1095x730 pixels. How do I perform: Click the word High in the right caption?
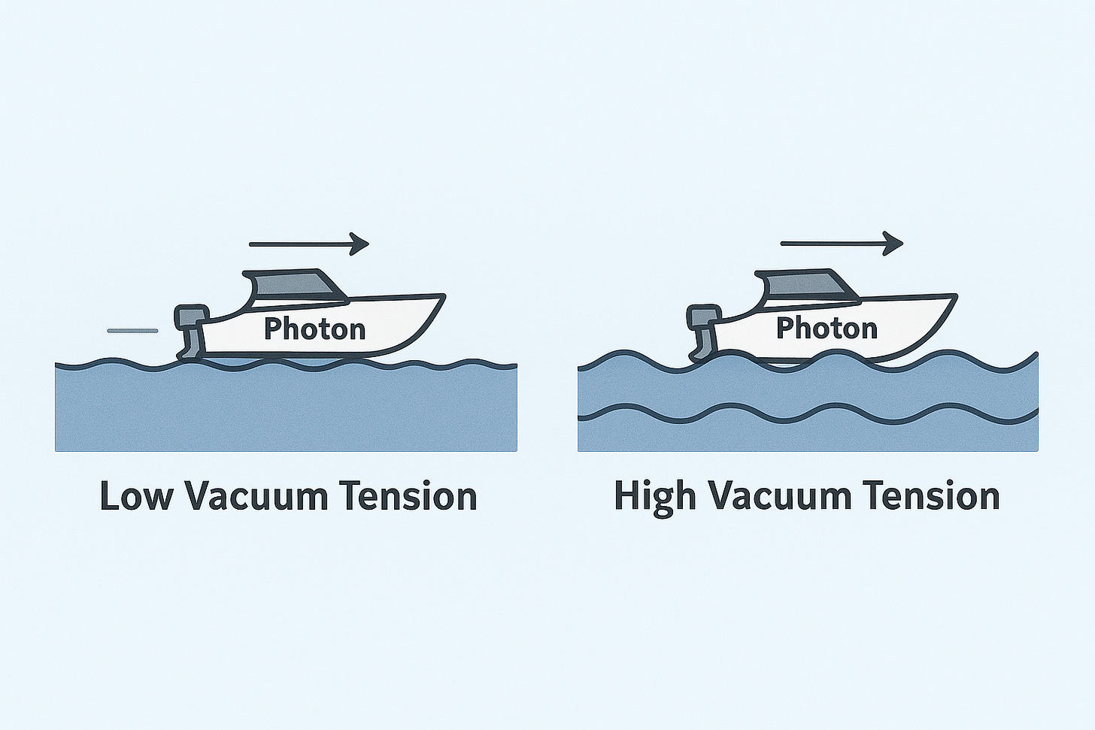click(x=654, y=497)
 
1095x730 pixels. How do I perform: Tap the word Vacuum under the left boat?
click(x=256, y=497)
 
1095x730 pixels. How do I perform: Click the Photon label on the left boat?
click(x=314, y=329)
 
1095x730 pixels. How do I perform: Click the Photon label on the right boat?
click(x=827, y=328)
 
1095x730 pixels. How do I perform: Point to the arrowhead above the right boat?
click(x=893, y=243)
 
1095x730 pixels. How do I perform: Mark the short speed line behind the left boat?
click(x=132, y=330)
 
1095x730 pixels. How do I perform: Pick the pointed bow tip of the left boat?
click(x=444, y=296)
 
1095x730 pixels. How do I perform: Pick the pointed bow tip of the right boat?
click(x=955, y=296)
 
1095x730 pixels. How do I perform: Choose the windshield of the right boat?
click(x=841, y=288)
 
